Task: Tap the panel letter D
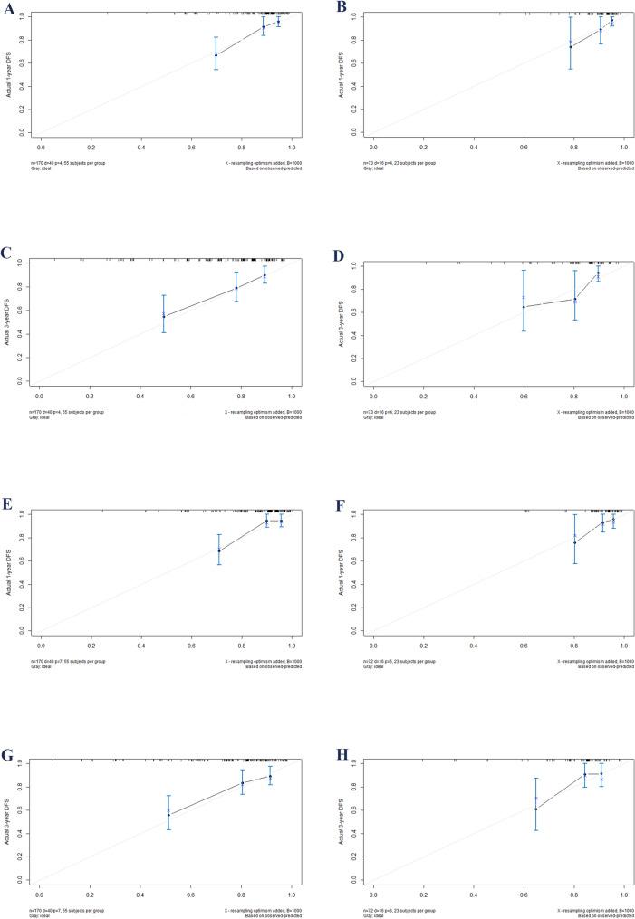tap(340, 257)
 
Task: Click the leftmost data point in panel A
tap(216, 55)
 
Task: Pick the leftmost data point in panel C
tap(164, 316)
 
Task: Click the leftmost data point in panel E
tap(219, 550)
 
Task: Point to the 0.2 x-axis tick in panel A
tap(91, 144)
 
